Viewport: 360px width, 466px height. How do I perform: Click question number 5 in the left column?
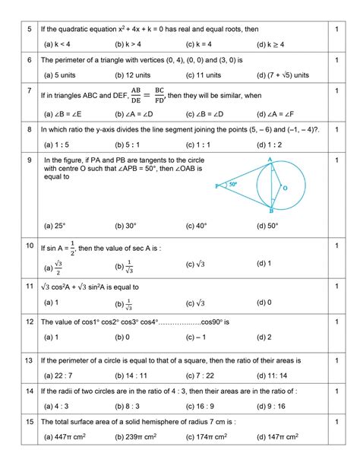coord(28,29)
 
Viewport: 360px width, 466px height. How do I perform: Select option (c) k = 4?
coord(203,45)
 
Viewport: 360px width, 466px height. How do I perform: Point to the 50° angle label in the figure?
coord(233,185)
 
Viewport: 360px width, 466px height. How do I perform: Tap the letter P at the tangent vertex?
coord(216,185)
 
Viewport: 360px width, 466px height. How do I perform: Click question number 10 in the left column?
coord(28,246)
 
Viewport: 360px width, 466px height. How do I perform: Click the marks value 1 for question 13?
coord(335,359)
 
